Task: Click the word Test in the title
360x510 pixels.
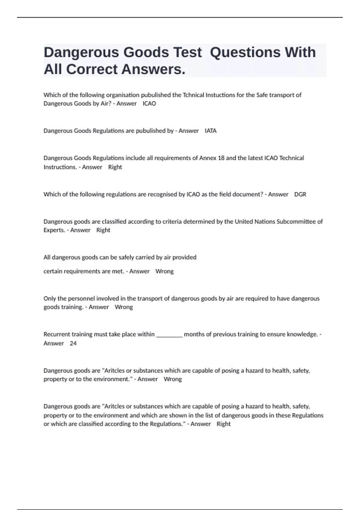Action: click(x=187, y=52)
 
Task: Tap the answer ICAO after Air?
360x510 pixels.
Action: click(x=149, y=103)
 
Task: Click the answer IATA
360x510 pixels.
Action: click(x=211, y=131)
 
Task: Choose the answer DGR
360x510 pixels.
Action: click(x=300, y=194)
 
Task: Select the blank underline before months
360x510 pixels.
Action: click(x=169, y=334)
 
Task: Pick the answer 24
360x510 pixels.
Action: click(x=73, y=343)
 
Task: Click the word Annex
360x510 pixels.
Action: click(x=208, y=158)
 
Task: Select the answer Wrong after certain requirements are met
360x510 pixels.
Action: click(x=164, y=271)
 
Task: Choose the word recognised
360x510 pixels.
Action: click(x=162, y=194)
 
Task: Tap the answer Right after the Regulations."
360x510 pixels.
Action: click(x=223, y=424)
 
